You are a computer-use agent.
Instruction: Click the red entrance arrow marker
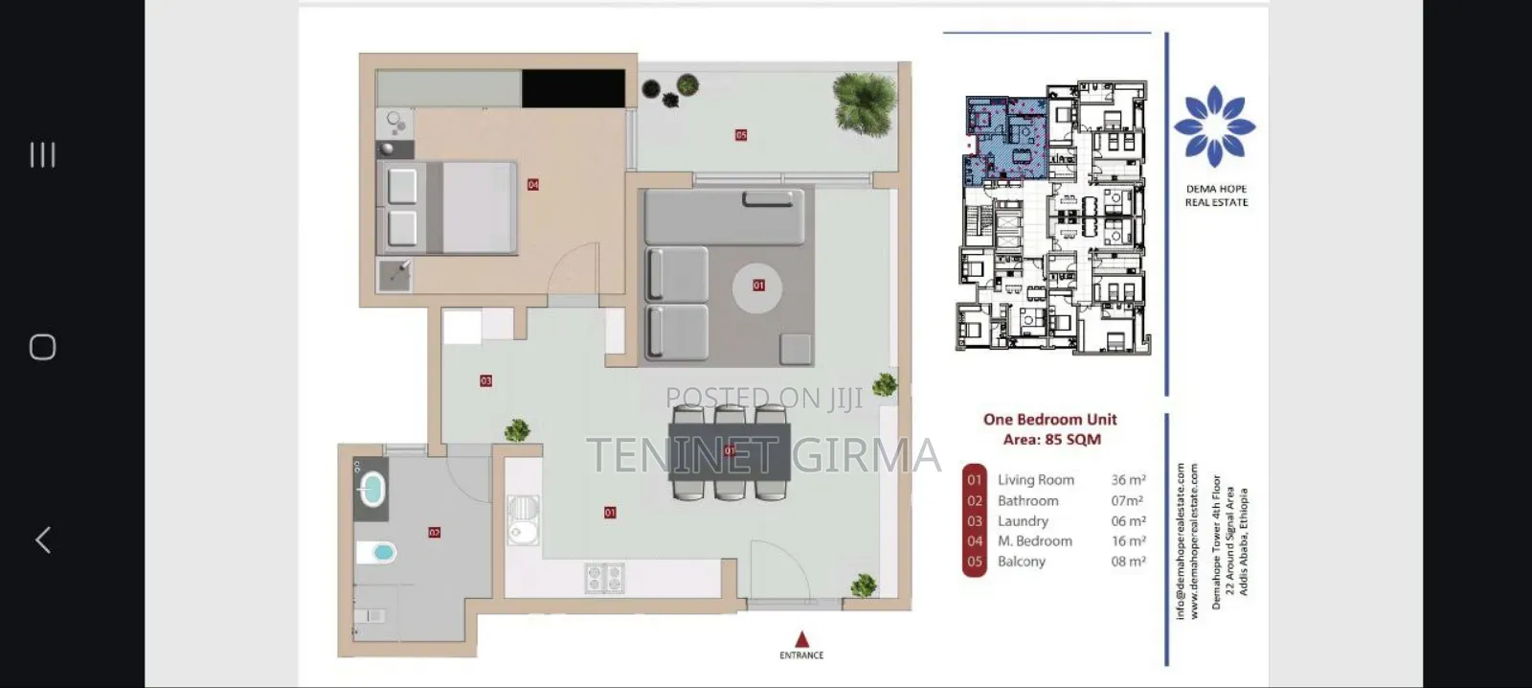(802, 639)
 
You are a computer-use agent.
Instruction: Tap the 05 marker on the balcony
(741, 135)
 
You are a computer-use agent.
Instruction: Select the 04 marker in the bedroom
(533, 185)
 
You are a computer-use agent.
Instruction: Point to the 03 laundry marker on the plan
(485, 380)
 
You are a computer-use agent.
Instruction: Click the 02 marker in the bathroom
(434, 532)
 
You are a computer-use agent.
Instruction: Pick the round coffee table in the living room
(757, 287)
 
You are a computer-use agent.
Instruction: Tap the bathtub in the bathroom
(371, 490)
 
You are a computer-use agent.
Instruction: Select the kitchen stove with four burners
(604, 578)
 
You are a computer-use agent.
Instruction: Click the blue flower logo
(1215, 126)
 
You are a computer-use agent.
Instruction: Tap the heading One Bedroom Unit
(1049, 419)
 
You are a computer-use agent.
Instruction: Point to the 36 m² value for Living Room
(1128, 480)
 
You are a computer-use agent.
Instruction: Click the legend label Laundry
(1023, 521)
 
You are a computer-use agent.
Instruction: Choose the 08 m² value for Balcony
(1128, 562)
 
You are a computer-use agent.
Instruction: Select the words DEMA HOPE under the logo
(1216, 189)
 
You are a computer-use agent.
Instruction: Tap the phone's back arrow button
(43, 539)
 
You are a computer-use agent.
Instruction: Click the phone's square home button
(43, 347)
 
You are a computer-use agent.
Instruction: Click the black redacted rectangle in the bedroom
(573, 89)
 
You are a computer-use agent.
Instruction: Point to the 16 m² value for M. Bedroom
(1128, 541)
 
